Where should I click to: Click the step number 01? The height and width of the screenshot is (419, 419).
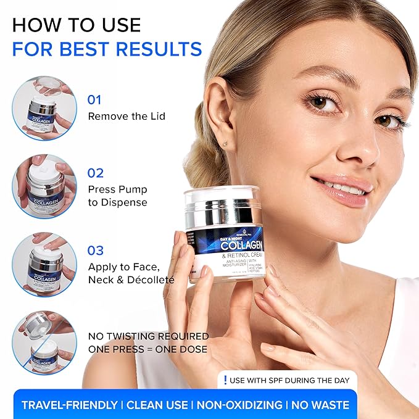tap(94, 99)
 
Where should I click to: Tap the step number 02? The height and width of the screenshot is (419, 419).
tap(96, 173)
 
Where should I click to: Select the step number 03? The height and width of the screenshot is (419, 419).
tap(96, 251)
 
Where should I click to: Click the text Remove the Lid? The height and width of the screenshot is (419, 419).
tap(127, 116)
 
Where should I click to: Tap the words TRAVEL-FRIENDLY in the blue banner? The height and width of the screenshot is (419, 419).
tap(69, 405)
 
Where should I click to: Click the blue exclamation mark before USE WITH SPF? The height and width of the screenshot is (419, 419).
tap(226, 380)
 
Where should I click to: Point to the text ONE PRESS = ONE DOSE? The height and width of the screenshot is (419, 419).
tap(148, 349)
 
